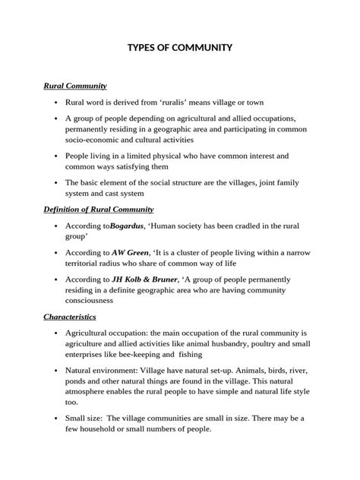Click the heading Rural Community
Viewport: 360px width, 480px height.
tap(74, 86)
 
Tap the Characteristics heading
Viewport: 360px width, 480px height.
tap(69, 316)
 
